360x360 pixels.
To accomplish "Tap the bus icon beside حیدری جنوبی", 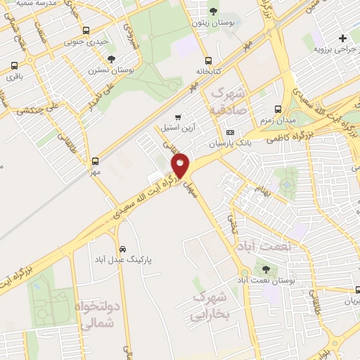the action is (86, 31).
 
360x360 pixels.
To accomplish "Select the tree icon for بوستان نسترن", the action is (112, 58).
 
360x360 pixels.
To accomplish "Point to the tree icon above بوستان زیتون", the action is (213, 11).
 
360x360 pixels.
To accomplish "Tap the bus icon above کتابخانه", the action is (208, 60).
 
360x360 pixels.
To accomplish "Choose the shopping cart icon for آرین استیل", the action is (179, 117).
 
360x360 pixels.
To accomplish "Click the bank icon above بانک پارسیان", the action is (231, 132).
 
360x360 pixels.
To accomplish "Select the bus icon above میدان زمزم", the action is (278, 110).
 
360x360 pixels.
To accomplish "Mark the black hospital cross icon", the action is (342, 38).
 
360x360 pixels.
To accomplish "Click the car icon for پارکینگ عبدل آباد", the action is (122, 249).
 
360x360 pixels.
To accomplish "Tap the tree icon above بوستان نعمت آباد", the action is (265, 269).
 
